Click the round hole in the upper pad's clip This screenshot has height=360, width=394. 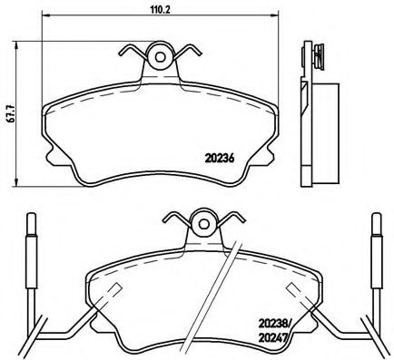[162, 56]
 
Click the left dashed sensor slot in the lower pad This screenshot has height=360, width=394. [114, 292]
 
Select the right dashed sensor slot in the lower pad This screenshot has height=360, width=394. [294, 292]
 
